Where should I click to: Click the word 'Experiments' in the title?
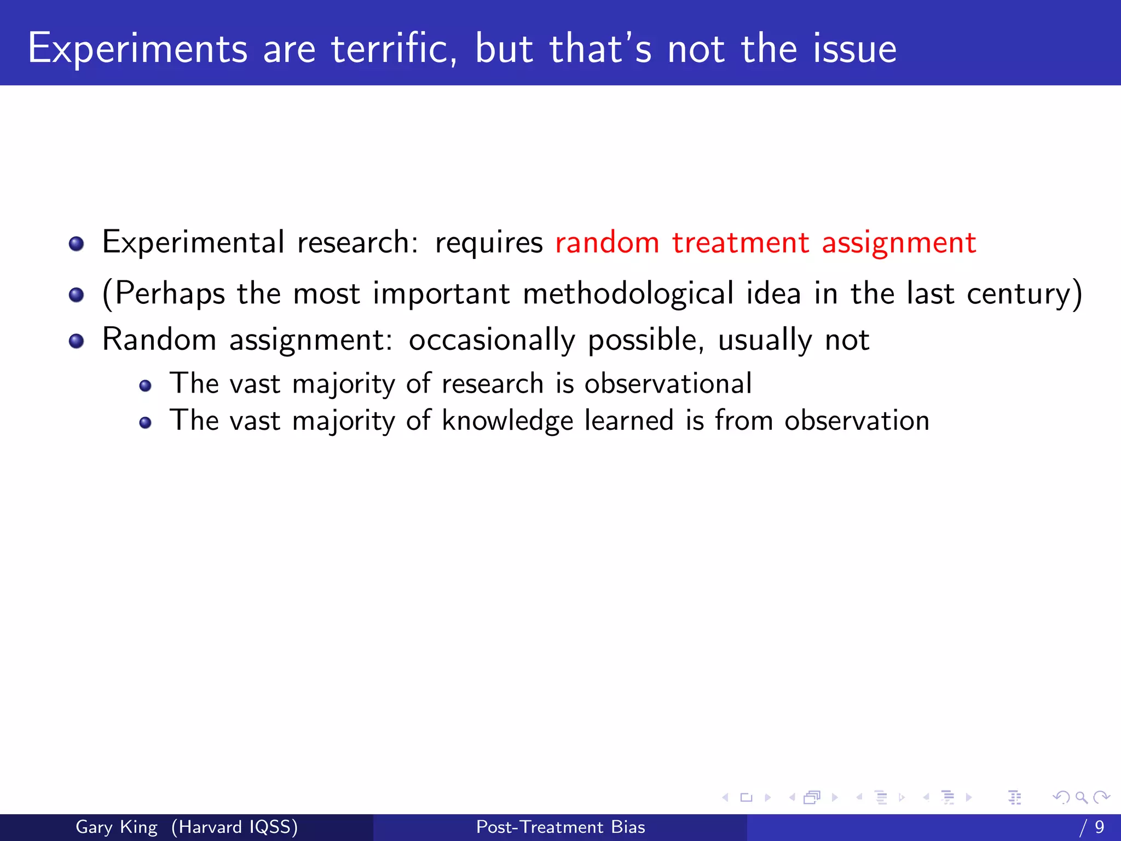[x=137, y=49]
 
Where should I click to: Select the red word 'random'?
[x=607, y=243]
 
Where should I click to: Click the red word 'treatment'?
[x=740, y=243]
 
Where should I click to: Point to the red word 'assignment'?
[x=899, y=244]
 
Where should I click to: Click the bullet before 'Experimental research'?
[x=77, y=244]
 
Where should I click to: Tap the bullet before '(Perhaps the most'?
[x=77, y=295]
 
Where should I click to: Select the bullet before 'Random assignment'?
[x=77, y=342]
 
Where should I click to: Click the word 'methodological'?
[x=628, y=294]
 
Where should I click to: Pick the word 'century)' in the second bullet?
[x=1024, y=294]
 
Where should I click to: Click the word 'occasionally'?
[x=492, y=341]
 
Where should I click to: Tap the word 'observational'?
[x=668, y=383]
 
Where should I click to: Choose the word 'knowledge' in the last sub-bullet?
[x=507, y=421]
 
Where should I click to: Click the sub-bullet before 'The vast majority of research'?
[x=145, y=386]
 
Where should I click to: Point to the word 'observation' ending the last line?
[x=857, y=420]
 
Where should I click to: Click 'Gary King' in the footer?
[x=116, y=827]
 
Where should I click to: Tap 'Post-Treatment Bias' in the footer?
[x=560, y=827]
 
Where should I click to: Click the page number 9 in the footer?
[x=1099, y=827]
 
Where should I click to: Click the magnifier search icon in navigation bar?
[x=1081, y=797]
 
